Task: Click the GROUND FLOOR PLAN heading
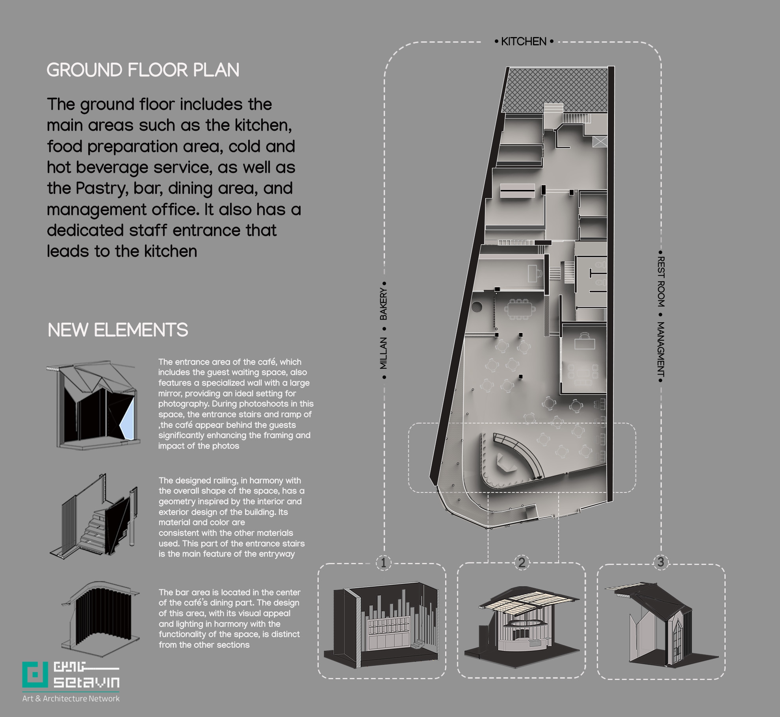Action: click(x=143, y=70)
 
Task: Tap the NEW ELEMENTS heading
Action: click(x=118, y=330)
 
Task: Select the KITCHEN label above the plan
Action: click(x=524, y=41)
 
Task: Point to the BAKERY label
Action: click(x=383, y=304)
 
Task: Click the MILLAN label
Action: click(x=383, y=353)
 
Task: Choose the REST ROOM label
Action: click(x=661, y=282)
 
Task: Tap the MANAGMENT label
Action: click(x=661, y=349)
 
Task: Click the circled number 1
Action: click(x=384, y=562)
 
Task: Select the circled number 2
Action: click(x=522, y=562)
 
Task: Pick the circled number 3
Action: click(x=661, y=561)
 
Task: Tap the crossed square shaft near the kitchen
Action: click(x=599, y=141)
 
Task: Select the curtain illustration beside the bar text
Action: click(x=99, y=617)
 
